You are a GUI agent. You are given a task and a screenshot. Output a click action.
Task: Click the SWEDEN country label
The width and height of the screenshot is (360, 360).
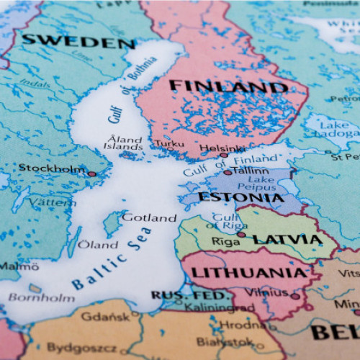pos(78,41)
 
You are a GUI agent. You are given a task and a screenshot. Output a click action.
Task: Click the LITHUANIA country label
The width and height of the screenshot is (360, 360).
pos(248,273)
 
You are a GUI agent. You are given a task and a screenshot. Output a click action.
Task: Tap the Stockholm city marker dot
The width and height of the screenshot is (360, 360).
pos(91,174)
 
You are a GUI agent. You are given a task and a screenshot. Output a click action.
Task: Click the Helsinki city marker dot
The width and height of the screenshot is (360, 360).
pos(224,155)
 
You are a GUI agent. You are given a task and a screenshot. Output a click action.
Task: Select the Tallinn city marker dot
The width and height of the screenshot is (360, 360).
pos(228,173)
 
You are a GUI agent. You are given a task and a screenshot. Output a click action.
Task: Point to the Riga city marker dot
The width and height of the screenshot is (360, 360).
pos(241,235)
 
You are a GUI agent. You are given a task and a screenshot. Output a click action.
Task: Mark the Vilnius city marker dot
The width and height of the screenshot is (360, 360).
pos(295,296)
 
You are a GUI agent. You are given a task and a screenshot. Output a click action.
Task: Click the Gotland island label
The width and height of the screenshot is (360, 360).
pos(149,217)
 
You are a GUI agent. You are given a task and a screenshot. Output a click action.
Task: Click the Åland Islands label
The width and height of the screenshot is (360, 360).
pos(123,142)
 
